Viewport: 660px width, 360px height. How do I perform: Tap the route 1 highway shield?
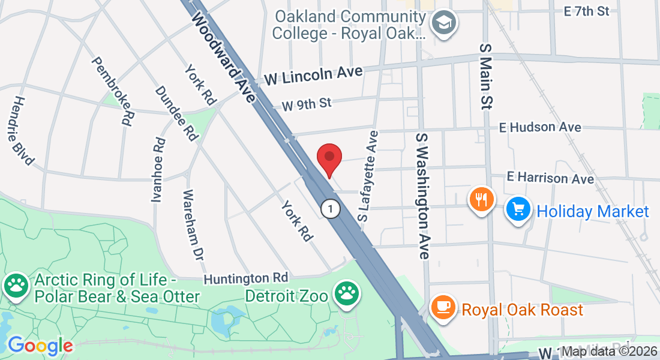330,209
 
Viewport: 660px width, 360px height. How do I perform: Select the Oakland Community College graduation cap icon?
445,23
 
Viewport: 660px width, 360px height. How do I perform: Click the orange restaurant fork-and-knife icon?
481,199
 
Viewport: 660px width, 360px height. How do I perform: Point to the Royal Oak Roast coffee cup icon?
444,308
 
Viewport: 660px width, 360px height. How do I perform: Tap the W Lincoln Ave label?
314,74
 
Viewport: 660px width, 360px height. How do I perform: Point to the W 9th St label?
306,104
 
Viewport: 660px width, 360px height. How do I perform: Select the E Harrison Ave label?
550,178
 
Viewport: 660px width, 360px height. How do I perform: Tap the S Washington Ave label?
423,196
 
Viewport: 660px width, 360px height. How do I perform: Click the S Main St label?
485,76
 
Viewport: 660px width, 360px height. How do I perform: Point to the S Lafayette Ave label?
368,178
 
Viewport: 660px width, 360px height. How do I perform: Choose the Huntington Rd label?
246,278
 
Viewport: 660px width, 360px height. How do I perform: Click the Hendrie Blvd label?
23,131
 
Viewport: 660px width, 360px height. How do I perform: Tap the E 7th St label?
587,11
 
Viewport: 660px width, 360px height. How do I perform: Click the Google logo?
40,346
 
